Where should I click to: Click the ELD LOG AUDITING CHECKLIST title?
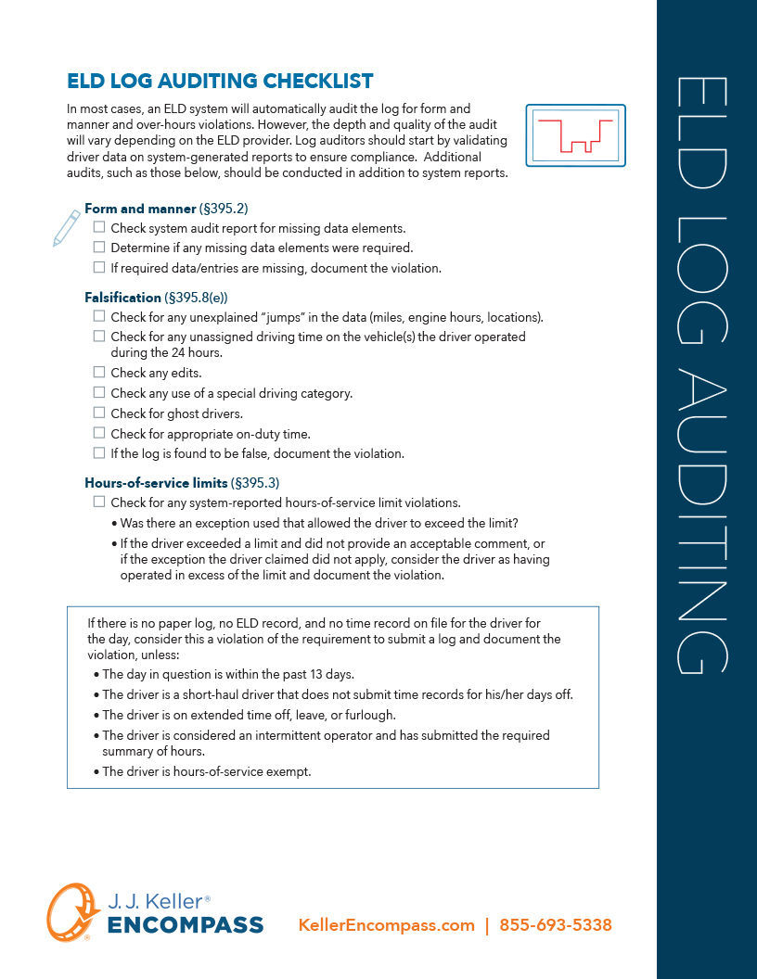point(220,82)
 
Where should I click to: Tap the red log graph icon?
point(575,135)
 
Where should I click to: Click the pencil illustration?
point(66,228)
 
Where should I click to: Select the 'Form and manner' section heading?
point(140,209)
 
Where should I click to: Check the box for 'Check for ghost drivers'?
point(99,413)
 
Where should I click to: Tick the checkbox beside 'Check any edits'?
point(99,372)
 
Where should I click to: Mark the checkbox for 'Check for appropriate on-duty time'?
point(99,433)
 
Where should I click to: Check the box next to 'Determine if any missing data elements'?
point(99,247)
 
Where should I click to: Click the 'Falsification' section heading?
point(122,298)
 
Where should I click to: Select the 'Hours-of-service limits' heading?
point(155,483)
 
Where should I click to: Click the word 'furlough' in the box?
point(371,715)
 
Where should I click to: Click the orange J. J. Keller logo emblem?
point(73,912)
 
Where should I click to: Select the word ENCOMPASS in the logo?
point(186,925)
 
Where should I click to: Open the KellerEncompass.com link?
point(386,925)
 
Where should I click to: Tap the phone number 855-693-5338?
point(556,925)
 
